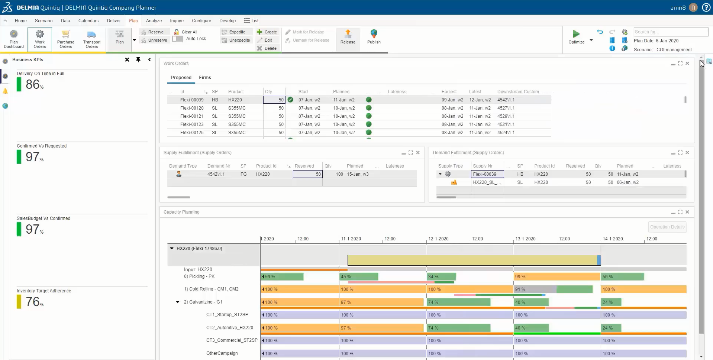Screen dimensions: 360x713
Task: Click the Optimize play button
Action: [x=576, y=34]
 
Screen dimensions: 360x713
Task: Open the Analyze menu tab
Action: [x=154, y=21]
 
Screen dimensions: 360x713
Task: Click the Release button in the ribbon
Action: [x=348, y=37]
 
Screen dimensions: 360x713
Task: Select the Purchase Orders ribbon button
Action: [x=66, y=39]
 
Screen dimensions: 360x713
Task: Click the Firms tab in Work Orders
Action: [x=205, y=78]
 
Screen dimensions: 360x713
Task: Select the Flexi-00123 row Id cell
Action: [x=192, y=124]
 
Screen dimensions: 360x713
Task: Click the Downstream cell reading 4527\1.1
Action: [x=506, y=108]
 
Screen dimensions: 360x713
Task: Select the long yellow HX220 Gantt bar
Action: [x=472, y=260]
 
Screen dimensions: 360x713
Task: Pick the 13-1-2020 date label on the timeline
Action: [x=525, y=239]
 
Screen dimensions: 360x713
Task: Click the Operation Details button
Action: [x=667, y=227]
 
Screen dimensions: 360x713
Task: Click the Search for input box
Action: [x=670, y=32]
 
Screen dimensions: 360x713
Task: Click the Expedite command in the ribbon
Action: [x=237, y=32]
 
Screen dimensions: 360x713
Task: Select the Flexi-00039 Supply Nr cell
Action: [x=487, y=174]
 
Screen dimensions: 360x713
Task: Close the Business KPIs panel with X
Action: [x=127, y=59]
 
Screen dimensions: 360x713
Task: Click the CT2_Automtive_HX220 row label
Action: [x=229, y=328]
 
